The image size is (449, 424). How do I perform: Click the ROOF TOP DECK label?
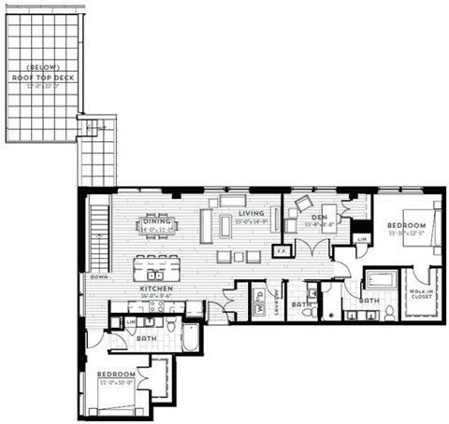[x=43, y=76]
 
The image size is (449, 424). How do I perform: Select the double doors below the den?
[x=310, y=250]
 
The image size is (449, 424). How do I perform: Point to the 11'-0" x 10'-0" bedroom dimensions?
[x=118, y=382]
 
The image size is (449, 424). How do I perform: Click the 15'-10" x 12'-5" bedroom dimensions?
[x=408, y=233]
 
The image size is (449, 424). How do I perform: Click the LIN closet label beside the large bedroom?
[x=362, y=240]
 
